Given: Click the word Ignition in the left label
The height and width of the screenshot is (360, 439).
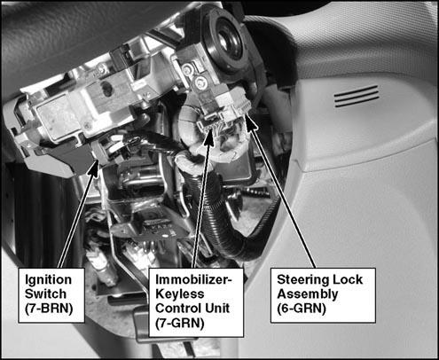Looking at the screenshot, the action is pos(48,280).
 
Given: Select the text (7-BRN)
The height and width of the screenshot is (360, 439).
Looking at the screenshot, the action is pos(49,309).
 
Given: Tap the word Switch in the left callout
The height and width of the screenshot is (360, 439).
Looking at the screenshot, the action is pos(45,293).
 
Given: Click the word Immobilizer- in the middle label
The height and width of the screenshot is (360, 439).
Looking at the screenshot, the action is pos(193,279).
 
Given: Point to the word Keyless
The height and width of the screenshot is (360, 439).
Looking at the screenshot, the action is pos(180,294).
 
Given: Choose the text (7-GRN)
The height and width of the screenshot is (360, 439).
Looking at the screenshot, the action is pos(180,323).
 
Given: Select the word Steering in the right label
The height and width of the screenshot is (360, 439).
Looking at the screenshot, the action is pos(300,280).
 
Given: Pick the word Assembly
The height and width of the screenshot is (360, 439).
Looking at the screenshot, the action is pos(308,294).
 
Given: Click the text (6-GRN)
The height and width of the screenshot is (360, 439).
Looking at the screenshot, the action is pos(302,309).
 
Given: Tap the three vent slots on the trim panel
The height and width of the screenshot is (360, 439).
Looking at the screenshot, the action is pos(357,96).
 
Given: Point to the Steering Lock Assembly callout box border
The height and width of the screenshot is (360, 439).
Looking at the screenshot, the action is pos(323,269).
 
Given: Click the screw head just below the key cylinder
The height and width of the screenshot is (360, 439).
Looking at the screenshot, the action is pos(200,82).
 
